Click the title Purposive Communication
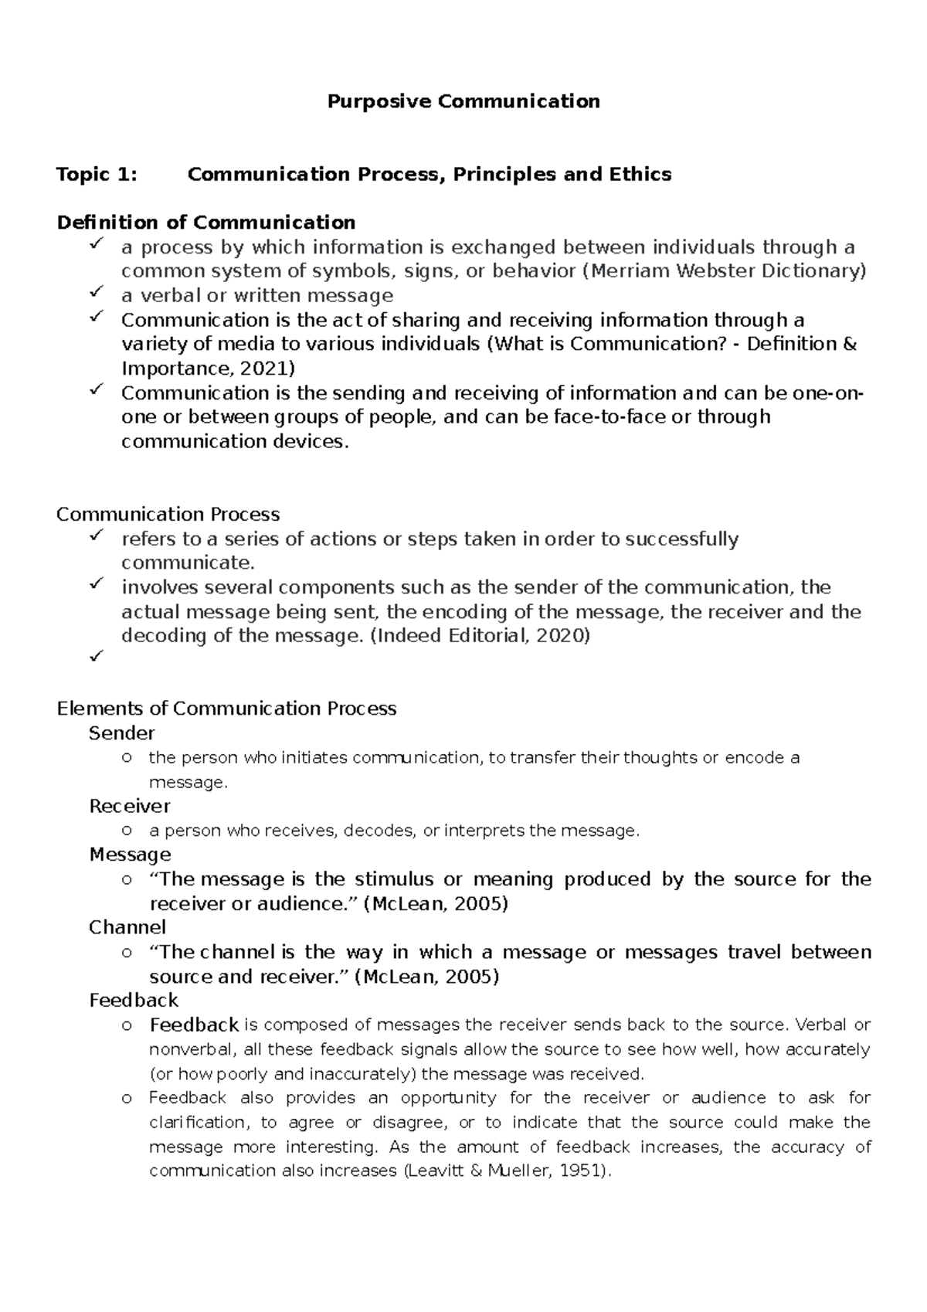[x=463, y=101]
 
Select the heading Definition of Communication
[x=206, y=223]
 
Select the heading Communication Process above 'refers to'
[x=168, y=515]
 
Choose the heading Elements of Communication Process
[x=226, y=709]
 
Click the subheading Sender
[x=122, y=733]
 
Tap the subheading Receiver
[x=130, y=807]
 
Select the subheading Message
[x=130, y=855]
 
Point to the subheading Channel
[x=127, y=927]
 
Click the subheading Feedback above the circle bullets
[x=134, y=1001]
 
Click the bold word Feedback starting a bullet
[x=194, y=1025]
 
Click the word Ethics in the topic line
[x=640, y=175]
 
